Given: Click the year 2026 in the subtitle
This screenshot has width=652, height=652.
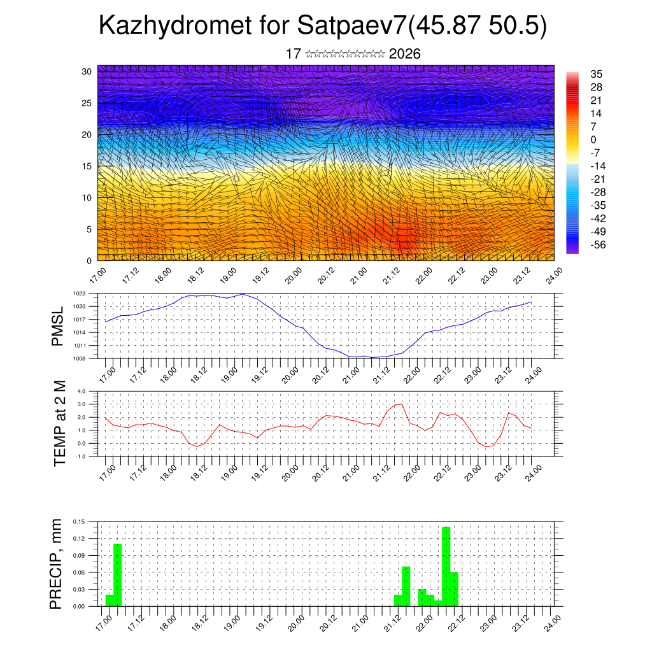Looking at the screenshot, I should coord(404,54).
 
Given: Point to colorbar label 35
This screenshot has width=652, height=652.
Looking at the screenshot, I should coord(596,74).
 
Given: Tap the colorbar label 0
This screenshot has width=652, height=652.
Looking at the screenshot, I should coord(593,139).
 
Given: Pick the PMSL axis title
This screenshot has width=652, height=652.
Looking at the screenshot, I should coord(59,326).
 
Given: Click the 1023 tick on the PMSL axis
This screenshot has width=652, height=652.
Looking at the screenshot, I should coord(79,294).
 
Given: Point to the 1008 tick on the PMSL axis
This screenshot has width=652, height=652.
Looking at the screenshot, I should coord(79,358).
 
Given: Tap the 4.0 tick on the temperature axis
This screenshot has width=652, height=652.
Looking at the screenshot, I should coord(81,392).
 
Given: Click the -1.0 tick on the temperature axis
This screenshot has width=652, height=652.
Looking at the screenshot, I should coord(80,457).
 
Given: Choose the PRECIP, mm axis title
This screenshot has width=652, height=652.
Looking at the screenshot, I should coord(57,563).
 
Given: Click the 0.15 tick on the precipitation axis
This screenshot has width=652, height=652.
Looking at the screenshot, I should coord(78,521).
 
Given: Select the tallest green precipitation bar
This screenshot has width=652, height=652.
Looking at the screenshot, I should coord(446,567).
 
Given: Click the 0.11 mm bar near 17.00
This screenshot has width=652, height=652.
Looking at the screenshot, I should coord(118,574).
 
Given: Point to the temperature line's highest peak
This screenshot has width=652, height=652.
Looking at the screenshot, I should coord(402,404).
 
